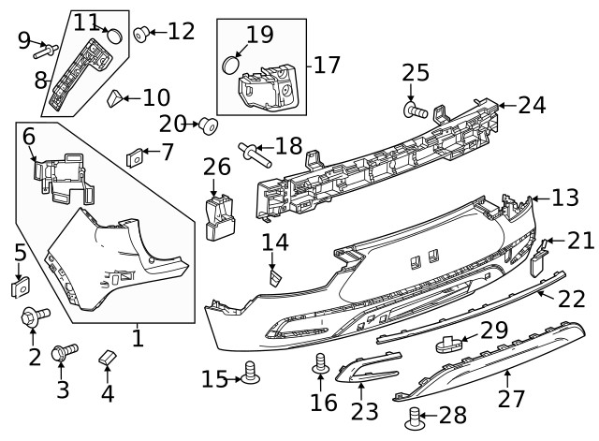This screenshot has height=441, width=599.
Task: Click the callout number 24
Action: [531, 106]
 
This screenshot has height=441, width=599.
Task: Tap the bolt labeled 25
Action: [412, 111]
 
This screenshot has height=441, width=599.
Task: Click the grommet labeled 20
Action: [208, 125]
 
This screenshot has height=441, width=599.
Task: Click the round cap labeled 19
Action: [230, 66]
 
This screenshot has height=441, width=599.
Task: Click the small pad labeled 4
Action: [107, 359]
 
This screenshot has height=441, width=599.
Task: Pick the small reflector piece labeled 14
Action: [274, 276]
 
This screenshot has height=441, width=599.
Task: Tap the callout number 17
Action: [327, 66]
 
